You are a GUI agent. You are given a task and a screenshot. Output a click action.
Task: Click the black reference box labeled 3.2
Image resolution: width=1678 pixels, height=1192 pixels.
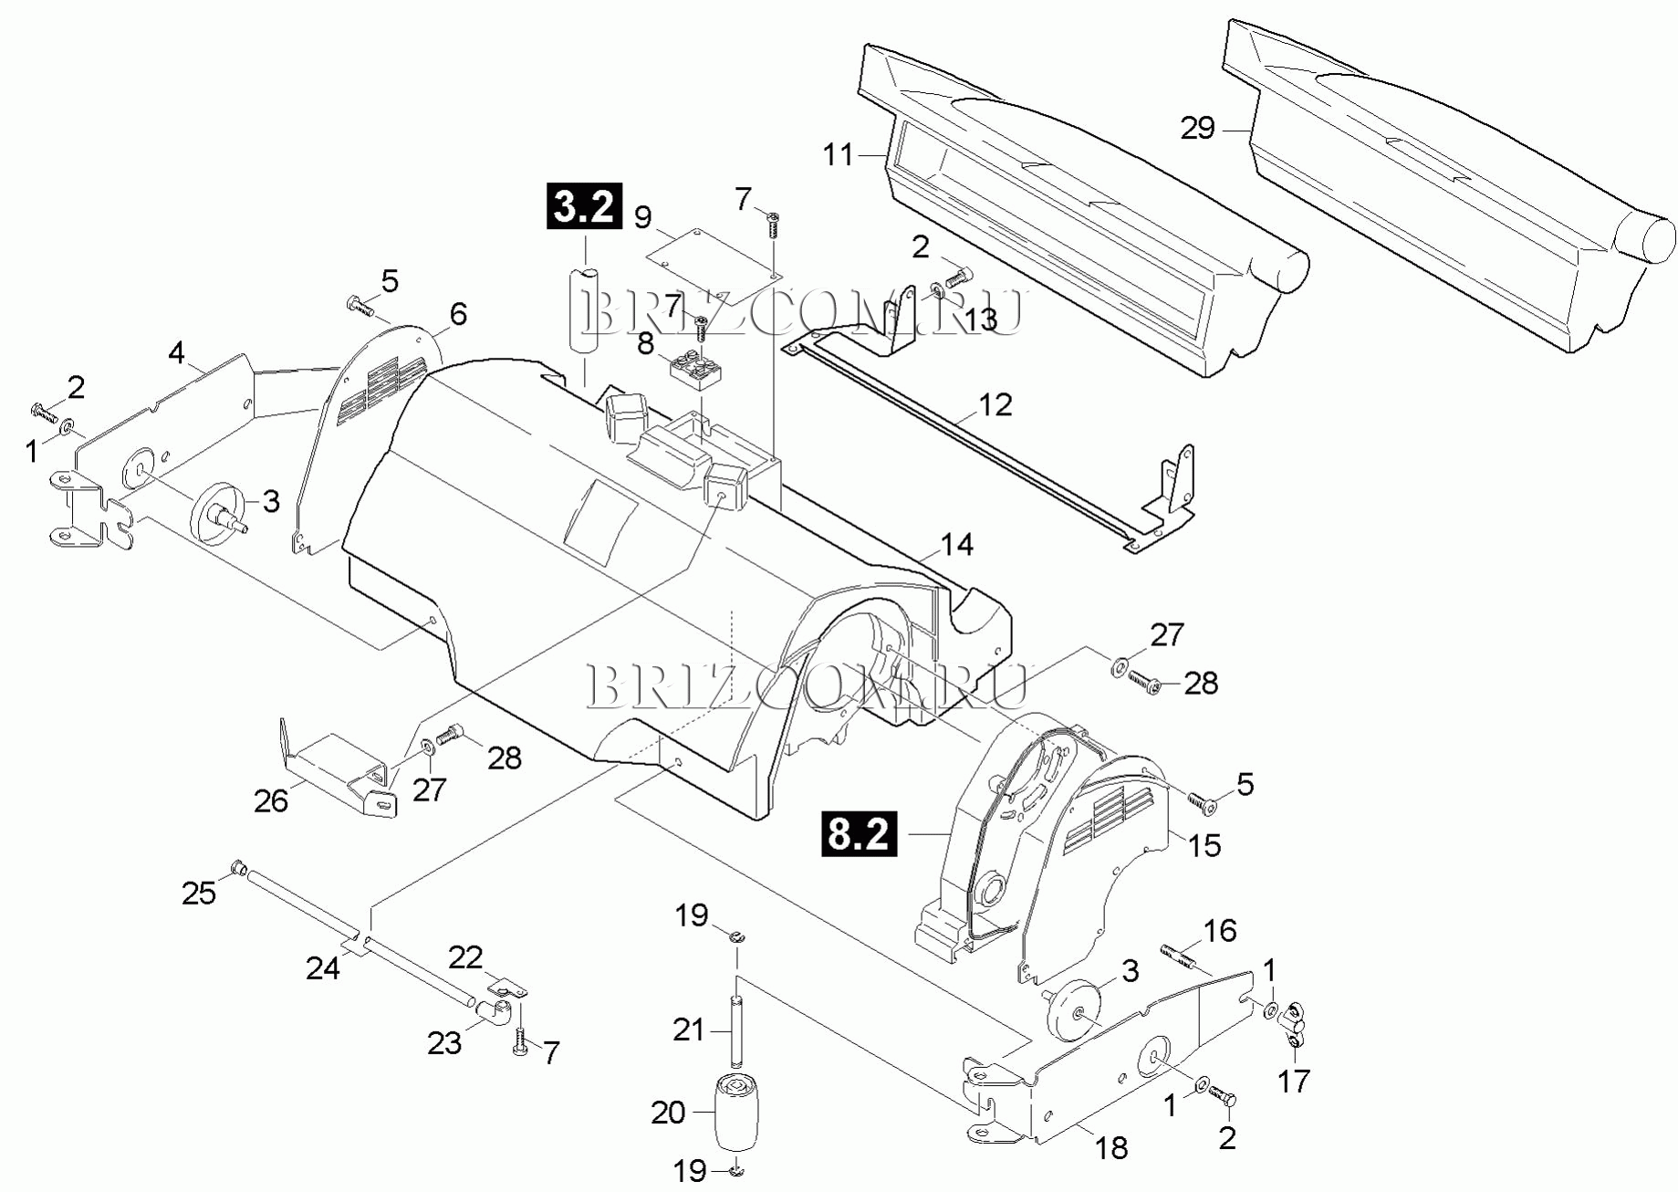coord(584,206)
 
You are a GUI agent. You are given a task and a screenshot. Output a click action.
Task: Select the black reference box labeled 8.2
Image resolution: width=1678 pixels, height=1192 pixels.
coord(859,833)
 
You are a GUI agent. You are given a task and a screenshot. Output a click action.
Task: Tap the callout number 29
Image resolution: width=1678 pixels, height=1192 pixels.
coord(1197,129)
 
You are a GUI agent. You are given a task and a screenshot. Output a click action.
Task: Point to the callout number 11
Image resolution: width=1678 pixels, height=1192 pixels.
coord(839,155)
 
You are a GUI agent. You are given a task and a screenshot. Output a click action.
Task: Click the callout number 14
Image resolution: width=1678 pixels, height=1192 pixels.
coord(956,545)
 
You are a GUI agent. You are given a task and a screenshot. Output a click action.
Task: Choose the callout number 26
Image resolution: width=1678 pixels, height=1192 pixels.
coord(271,800)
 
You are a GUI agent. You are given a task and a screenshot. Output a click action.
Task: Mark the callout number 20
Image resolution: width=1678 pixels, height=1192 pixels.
coord(668,1113)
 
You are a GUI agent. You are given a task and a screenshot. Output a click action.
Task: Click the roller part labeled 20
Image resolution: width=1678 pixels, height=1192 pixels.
coord(736,1113)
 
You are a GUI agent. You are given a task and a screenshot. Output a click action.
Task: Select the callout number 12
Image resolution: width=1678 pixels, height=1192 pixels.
coord(995,403)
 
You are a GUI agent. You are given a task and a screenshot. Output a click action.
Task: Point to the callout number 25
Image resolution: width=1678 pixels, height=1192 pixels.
coord(199,893)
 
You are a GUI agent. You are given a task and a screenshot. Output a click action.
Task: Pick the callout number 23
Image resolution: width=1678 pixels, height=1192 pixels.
coord(444,1042)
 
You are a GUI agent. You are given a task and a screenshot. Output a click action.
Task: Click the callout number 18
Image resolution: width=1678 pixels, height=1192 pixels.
coord(1111,1147)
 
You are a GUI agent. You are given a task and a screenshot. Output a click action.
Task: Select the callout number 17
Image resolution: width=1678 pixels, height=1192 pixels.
coord(1293,1081)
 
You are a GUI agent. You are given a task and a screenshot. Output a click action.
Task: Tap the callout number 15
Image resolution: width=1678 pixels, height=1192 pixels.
coord(1204,845)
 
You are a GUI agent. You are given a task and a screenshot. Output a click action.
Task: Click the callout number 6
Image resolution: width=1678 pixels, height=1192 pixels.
coord(458,314)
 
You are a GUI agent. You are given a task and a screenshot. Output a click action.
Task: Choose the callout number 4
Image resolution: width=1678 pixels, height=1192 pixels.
coord(176,353)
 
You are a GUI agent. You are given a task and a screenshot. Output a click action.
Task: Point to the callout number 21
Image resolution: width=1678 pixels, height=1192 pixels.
coord(689,1030)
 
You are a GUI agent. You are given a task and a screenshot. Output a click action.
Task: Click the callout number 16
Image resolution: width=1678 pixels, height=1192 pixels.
coord(1219,931)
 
